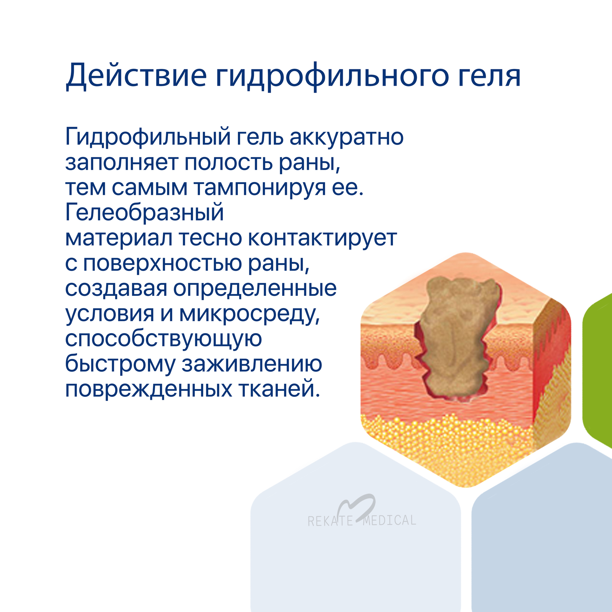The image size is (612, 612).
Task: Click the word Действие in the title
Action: tap(137, 76)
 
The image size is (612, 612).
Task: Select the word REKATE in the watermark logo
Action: tap(331, 521)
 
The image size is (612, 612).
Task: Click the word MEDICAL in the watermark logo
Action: tap(390, 520)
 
